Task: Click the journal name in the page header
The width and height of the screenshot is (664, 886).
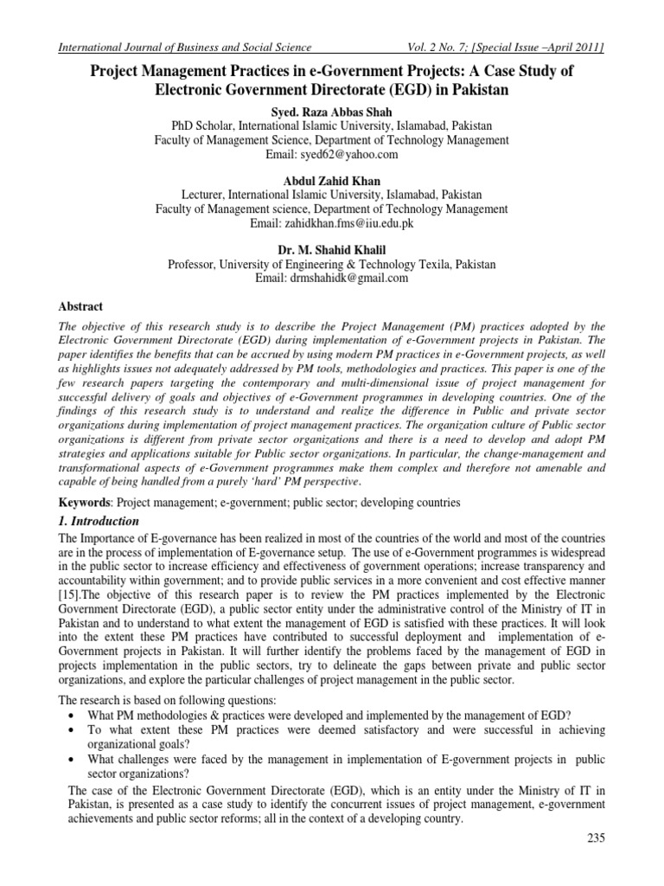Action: (x=184, y=47)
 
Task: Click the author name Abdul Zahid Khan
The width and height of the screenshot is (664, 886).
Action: (x=332, y=179)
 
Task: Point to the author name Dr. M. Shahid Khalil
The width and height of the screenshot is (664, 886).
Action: (x=332, y=248)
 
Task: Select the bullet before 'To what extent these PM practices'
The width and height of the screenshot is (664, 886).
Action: (x=70, y=730)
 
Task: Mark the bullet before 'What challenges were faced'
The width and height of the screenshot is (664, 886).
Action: (x=70, y=760)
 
